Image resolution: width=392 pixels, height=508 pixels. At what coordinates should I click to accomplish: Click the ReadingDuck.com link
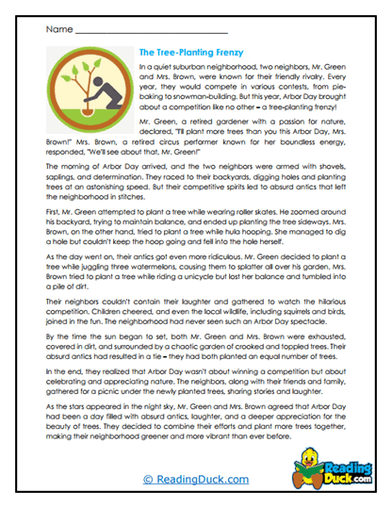[x=195, y=480]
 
